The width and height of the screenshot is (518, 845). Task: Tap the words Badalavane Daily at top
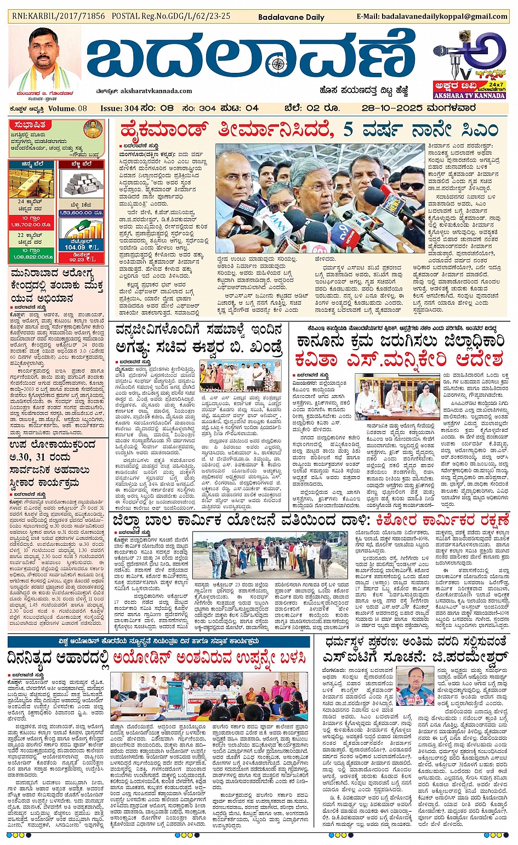(291, 17)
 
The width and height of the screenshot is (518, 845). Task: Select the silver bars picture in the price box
(81, 183)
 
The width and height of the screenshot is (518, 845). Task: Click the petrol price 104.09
(75, 247)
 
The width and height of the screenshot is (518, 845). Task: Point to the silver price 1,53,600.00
(81, 213)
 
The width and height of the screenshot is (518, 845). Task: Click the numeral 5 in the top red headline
(349, 130)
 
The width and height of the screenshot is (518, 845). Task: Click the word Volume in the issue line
(61, 109)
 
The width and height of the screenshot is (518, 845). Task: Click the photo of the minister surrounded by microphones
(320, 198)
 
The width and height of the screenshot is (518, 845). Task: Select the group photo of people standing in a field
(270, 554)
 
